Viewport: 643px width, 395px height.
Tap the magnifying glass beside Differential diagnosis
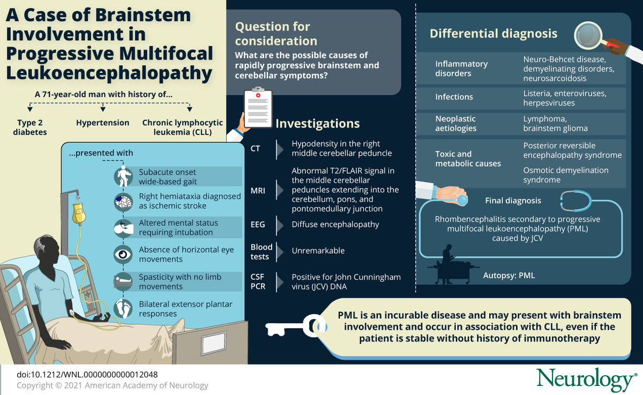[x=588, y=35]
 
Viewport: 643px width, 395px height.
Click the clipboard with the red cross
[x=258, y=108]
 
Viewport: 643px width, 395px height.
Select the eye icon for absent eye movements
[x=123, y=255]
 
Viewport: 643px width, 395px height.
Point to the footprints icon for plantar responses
[x=123, y=309]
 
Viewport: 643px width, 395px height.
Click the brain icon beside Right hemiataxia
[x=123, y=202]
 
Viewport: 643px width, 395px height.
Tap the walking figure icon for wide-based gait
[x=123, y=176]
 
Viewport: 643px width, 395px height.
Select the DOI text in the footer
[x=87, y=375]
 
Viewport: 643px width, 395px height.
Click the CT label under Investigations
[x=255, y=148]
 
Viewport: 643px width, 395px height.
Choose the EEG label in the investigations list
[x=258, y=224]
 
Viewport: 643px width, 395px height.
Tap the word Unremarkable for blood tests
[x=318, y=250]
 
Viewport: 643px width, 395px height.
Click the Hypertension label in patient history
[x=102, y=123]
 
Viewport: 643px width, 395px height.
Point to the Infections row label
[x=454, y=97]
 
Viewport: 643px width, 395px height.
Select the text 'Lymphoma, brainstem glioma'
[x=555, y=124]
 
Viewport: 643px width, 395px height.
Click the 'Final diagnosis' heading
[x=513, y=201]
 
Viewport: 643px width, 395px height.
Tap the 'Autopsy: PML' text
[x=509, y=276]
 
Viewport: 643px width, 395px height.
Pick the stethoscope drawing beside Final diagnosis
[x=575, y=201]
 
